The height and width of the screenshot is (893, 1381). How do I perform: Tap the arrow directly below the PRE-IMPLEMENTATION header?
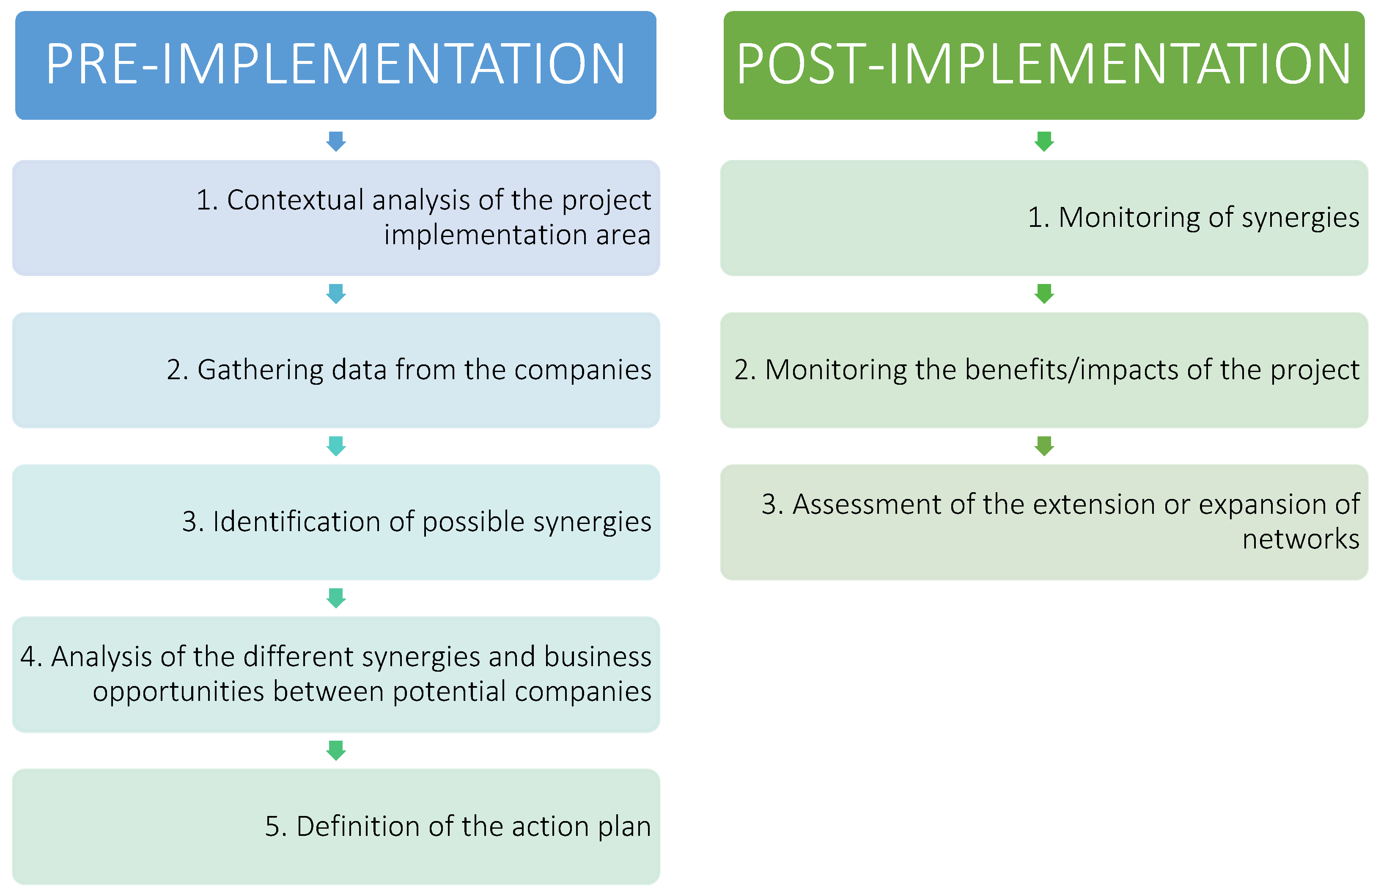coord(336,141)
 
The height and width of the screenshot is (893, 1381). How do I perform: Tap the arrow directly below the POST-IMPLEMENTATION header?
coord(1044,141)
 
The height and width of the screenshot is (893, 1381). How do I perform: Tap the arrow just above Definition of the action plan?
coord(336,750)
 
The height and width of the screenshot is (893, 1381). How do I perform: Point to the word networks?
coord(1301,539)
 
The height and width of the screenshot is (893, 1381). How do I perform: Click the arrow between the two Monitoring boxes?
coord(1044,293)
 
